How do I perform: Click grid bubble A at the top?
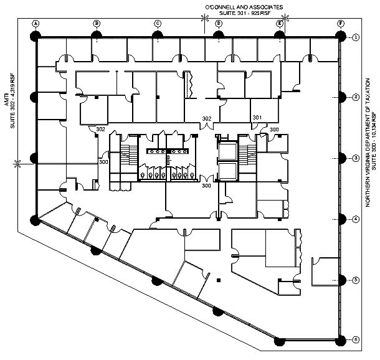point(36,23)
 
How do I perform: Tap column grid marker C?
point(158,23)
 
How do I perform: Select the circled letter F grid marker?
point(341,23)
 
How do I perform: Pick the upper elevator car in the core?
point(228,151)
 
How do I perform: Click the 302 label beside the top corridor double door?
point(206,118)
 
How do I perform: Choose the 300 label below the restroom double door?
point(206,186)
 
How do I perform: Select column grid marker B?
point(97,23)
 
